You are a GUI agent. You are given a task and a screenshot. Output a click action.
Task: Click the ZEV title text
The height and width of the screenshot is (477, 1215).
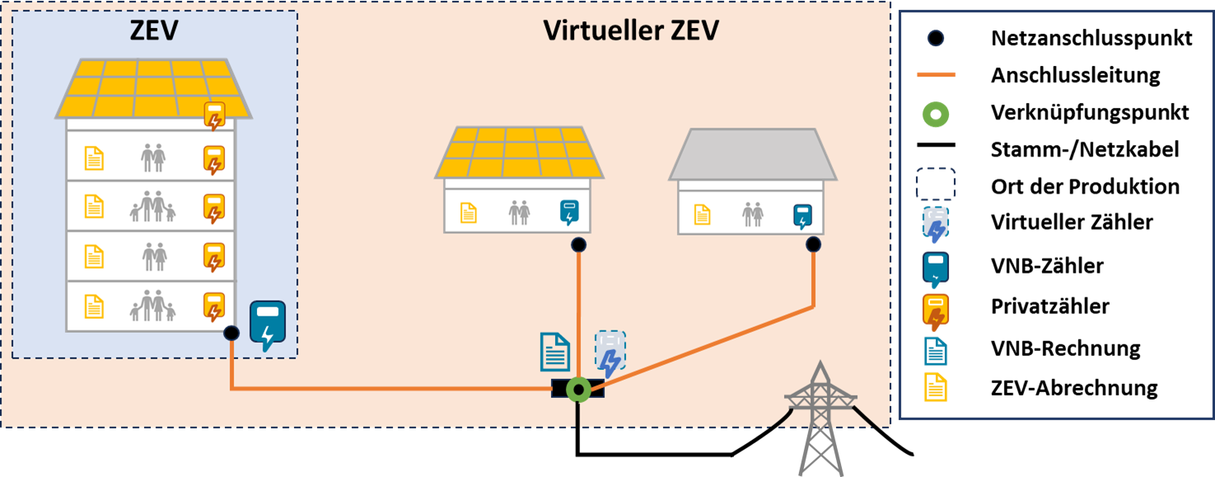(x=154, y=31)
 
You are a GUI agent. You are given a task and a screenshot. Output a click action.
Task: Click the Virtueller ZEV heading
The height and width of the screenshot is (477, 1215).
(x=631, y=31)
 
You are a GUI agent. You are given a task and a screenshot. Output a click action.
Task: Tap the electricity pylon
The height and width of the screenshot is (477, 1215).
(x=820, y=420)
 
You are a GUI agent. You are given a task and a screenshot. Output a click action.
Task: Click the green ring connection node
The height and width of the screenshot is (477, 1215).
(x=578, y=390)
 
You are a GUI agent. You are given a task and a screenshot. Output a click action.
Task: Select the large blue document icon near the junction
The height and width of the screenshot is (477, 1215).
(x=555, y=352)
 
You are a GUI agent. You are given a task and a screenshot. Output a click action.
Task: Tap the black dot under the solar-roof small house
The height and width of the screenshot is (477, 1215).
(x=579, y=245)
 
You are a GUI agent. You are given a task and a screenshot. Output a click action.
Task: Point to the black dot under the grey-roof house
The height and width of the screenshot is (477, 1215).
(x=814, y=244)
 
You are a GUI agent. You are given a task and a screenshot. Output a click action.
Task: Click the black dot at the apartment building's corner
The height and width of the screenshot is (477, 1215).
(x=231, y=333)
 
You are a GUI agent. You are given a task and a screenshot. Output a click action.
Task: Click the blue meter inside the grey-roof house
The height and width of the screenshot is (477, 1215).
(x=802, y=215)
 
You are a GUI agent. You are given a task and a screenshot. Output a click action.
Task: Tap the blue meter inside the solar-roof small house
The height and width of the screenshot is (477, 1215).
(x=569, y=212)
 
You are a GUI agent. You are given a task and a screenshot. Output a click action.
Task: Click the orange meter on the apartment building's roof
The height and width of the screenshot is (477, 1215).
(x=214, y=115)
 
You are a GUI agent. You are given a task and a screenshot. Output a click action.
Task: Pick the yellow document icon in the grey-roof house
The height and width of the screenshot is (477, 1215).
(x=702, y=215)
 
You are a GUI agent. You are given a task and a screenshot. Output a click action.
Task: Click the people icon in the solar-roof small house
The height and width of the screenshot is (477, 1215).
(x=519, y=213)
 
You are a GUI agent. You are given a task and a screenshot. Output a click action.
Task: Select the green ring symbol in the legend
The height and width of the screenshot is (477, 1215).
(x=936, y=115)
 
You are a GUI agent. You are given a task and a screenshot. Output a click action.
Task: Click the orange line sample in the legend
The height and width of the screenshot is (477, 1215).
(x=936, y=75)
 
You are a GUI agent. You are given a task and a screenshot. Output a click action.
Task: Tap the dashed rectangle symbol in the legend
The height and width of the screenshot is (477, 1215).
(x=936, y=184)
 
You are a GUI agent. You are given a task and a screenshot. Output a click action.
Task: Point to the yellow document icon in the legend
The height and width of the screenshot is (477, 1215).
(x=936, y=386)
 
